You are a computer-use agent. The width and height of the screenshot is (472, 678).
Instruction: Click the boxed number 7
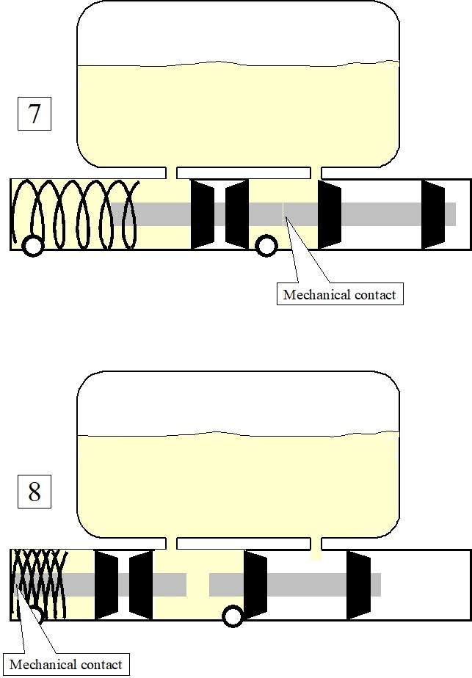click(35, 115)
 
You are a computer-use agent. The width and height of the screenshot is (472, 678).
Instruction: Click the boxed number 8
click(35, 491)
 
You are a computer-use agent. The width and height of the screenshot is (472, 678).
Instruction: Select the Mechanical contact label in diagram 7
click(339, 295)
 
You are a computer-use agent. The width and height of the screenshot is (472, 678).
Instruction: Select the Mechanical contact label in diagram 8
click(66, 664)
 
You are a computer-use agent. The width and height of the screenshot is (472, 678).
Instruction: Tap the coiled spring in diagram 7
click(77, 214)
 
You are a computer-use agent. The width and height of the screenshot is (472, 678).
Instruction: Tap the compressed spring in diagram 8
click(40, 584)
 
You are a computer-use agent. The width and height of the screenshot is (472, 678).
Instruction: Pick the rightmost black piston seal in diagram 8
click(358, 584)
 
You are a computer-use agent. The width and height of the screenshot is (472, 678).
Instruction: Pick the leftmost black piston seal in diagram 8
click(106, 584)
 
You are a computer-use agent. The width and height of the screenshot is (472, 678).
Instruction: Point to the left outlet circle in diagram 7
click(32, 246)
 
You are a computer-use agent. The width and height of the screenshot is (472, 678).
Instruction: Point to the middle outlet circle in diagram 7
click(266, 245)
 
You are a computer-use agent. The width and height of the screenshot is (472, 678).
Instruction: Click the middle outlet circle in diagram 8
click(233, 616)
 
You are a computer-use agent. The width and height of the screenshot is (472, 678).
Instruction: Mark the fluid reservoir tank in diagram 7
click(239, 88)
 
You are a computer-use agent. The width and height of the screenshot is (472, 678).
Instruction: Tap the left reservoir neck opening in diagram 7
click(172, 172)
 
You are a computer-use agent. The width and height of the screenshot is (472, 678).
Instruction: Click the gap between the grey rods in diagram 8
click(197, 584)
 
